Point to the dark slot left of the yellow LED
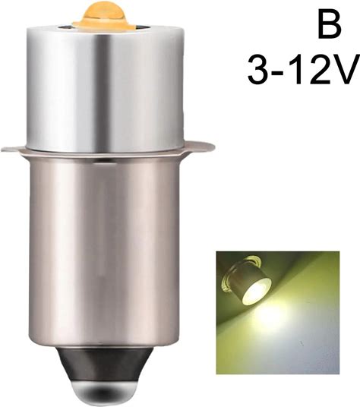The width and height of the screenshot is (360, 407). point(65,27)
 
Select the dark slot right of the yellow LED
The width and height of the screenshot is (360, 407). point(141,27)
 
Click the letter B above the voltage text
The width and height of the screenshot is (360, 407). point(329,24)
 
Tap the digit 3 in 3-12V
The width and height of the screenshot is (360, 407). point(258,71)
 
